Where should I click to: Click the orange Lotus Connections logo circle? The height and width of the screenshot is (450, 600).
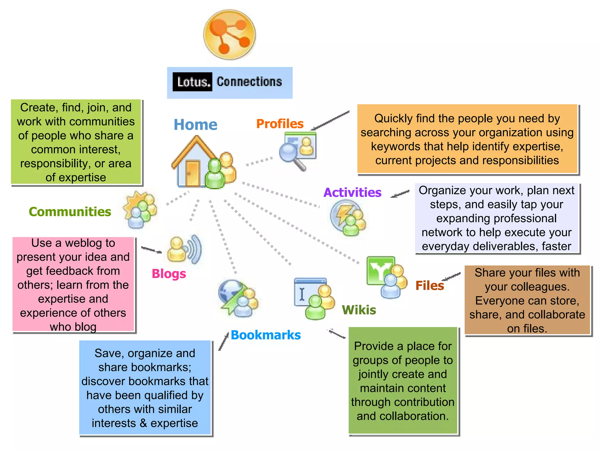(x=229, y=35)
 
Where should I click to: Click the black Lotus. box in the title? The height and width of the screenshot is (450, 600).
(x=192, y=82)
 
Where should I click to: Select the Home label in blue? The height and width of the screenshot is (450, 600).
(x=195, y=125)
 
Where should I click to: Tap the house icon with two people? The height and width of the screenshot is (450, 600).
(x=203, y=163)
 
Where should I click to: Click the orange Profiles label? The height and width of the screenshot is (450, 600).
(x=280, y=124)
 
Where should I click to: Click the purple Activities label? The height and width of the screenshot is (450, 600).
(x=352, y=192)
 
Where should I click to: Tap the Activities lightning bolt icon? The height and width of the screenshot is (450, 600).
(x=348, y=217)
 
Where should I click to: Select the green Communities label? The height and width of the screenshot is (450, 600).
(x=70, y=212)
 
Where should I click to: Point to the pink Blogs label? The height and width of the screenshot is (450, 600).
(x=169, y=274)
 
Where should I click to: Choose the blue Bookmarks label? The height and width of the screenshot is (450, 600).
(x=266, y=335)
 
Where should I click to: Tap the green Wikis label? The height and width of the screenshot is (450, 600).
(x=359, y=310)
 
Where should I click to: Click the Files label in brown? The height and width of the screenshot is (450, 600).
(x=429, y=285)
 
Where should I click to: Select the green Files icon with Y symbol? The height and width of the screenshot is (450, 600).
(x=386, y=276)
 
